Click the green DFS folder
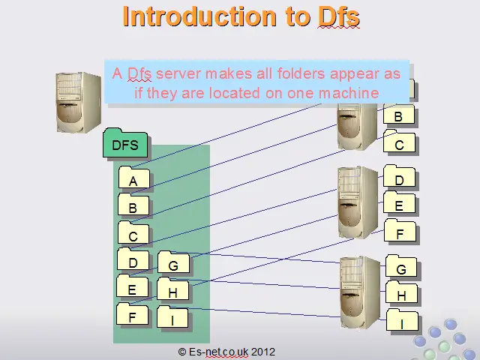[125, 143]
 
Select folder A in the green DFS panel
[134, 178]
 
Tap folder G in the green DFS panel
[173, 262]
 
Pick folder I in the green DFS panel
[172, 316]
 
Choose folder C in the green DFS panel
[133, 232]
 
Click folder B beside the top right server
[399, 113]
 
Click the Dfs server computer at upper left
[79, 103]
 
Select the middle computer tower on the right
[358, 202]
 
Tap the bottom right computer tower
[360, 292]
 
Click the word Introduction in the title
[199, 16]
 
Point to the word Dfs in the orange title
[338, 16]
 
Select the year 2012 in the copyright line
[263, 352]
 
